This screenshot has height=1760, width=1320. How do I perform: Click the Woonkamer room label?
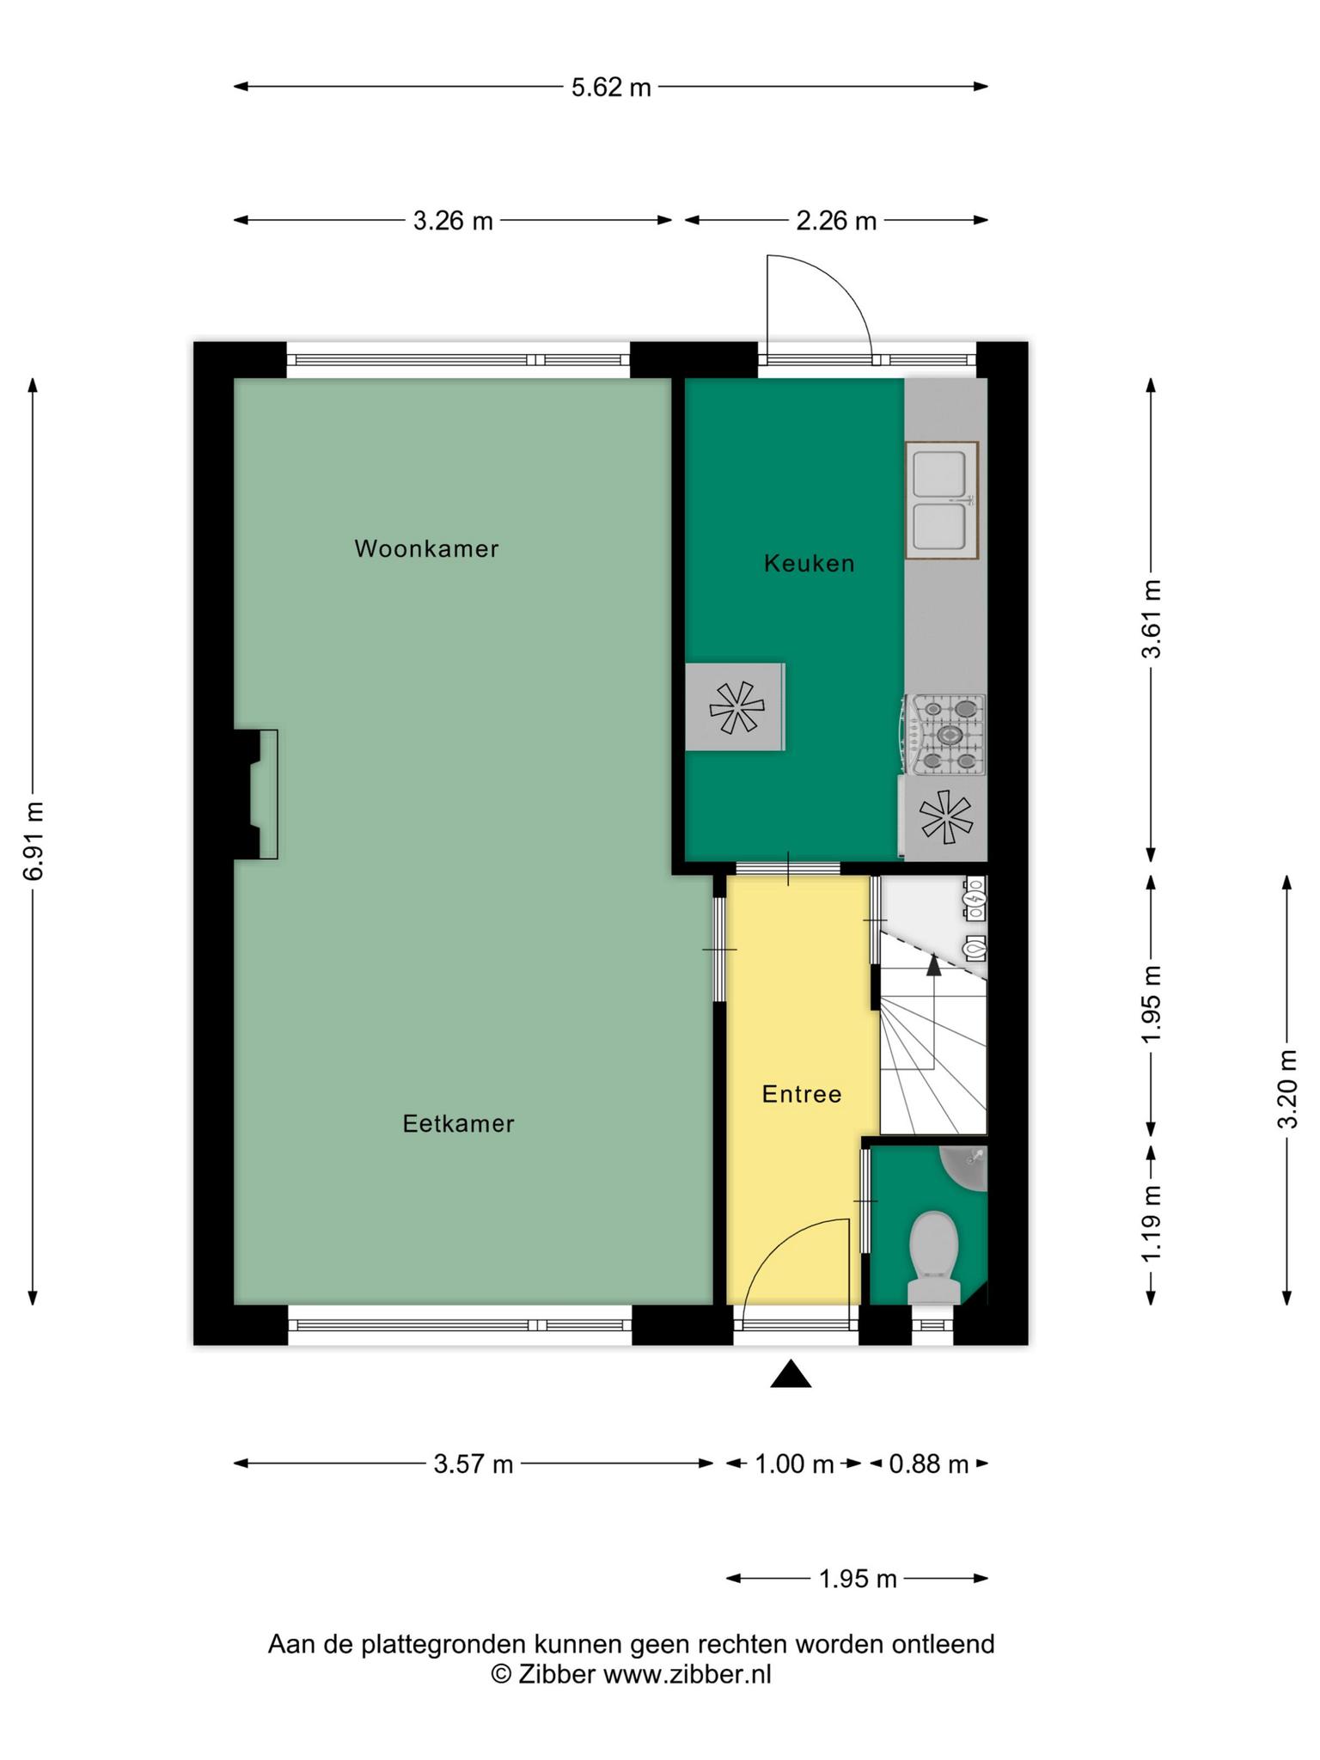[x=426, y=548]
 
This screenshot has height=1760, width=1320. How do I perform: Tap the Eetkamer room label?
[x=458, y=1123]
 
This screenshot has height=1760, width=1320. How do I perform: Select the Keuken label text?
[x=809, y=564]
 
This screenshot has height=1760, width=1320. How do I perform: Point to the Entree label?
[x=801, y=1094]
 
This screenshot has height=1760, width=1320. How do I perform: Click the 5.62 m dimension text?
[x=611, y=87]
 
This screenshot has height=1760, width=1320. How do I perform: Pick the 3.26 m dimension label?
[x=453, y=221]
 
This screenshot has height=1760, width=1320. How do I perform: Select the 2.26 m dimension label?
[x=836, y=221]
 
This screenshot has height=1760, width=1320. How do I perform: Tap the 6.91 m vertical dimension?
[x=33, y=840]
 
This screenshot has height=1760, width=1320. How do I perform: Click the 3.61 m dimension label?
[x=1151, y=619]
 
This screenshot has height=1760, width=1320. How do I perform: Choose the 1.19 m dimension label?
[x=1151, y=1223]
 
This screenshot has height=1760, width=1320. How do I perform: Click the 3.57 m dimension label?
[x=474, y=1464]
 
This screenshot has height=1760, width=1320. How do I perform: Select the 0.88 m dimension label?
[x=928, y=1464]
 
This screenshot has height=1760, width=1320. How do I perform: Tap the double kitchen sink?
[x=942, y=500]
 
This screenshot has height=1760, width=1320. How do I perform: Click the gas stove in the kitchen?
[x=944, y=735]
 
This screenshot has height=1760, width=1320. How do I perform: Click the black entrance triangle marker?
[x=791, y=1375]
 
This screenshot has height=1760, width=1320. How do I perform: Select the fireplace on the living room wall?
[x=256, y=794]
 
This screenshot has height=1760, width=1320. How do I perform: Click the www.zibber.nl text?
[x=686, y=1674]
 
